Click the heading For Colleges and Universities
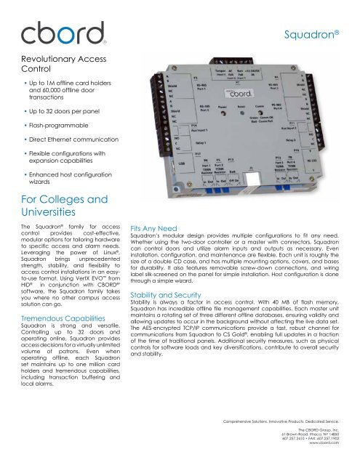pos(53,206)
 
